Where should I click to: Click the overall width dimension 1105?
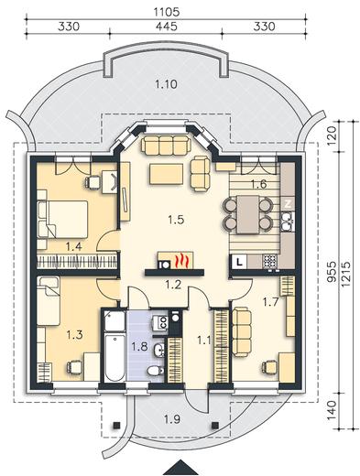point(167,12)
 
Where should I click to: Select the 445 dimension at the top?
point(167,27)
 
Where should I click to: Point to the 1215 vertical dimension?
point(346,275)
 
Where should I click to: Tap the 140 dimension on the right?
point(333,410)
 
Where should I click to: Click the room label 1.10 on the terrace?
point(166,84)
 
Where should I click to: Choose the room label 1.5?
point(177,220)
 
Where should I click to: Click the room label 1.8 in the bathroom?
point(140,347)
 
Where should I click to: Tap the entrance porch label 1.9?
point(172,420)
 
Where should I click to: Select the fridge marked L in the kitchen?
point(240,262)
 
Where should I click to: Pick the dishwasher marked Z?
point(288,204)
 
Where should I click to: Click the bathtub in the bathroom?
point(115,358)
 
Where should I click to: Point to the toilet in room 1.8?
point(156,371)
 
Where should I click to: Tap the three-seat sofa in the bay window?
point(166,146)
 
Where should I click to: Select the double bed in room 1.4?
point(62,219)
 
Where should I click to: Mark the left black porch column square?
point(116,425)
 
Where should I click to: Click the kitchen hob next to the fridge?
point(269,261)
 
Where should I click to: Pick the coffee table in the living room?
point(167,174)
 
